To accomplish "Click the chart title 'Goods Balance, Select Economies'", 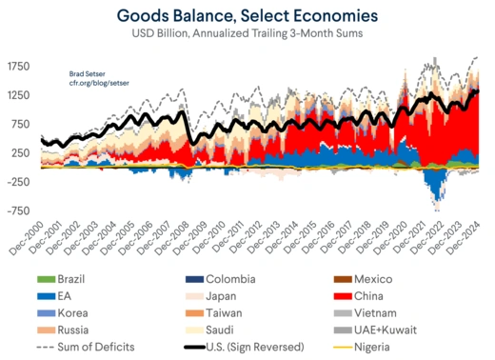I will (x=247, y=16).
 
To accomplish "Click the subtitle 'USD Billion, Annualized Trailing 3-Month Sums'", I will (x=247, y=36).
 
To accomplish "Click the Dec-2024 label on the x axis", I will (x=464, y=236).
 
